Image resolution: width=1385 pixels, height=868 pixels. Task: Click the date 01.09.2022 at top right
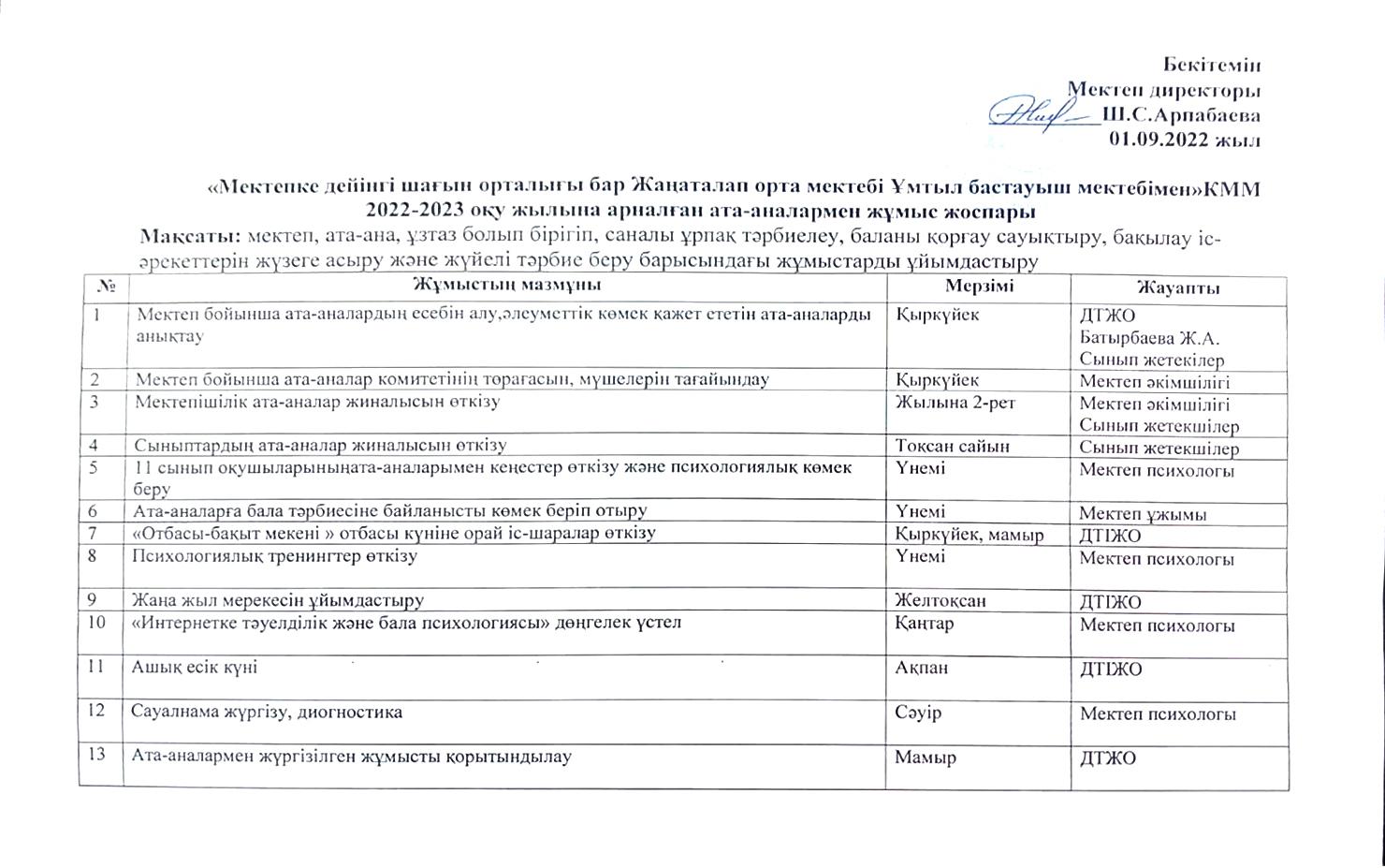click(1183, 140)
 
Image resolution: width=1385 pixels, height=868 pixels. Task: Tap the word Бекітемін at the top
click(1212, 65)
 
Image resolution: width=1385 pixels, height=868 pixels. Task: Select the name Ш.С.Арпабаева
click(1181, 115)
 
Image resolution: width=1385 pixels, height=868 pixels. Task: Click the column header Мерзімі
click(979, 286)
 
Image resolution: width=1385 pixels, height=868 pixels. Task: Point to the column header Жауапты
click(1178, 287)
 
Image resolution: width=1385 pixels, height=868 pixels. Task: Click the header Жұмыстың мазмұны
click(506, 285)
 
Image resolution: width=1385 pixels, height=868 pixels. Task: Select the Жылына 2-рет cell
click(955, 403)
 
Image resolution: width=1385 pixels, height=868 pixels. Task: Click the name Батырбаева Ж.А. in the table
click(1149, 338)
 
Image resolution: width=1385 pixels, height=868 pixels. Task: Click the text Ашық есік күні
click(195, 668)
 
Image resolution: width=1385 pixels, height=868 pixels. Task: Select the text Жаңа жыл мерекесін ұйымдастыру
click(279, 599)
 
